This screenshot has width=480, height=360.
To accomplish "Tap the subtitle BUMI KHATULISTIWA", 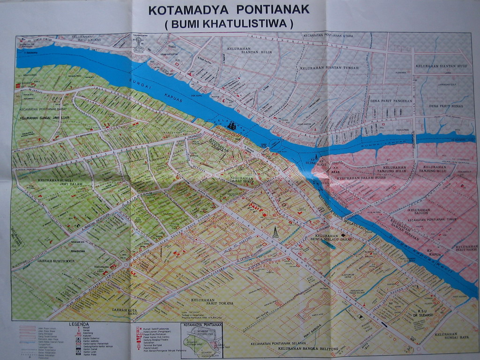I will pos(229,23).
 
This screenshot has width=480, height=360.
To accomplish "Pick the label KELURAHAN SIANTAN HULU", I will pos(444,66).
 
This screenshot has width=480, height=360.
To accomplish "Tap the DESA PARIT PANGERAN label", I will pos(391,100).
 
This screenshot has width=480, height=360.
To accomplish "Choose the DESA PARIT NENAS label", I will pos(446,106).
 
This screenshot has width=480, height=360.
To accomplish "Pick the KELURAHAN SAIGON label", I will pos(419,212).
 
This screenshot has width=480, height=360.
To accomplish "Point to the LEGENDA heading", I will pos(79,324).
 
